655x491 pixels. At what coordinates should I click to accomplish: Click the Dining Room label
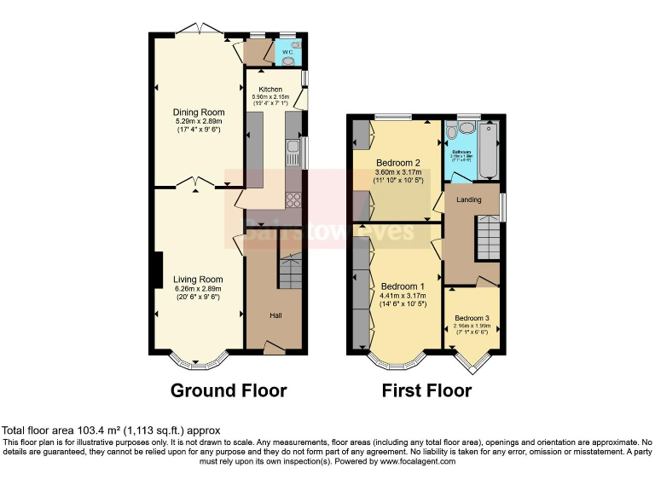tap(199, 113)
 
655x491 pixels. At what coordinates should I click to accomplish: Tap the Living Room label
tap(198, 280)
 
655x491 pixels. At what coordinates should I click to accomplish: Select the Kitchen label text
tap(270, 90)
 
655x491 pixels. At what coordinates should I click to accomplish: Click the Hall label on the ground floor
tap(275, 315)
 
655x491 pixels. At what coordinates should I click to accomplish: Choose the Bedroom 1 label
tap(403, 286)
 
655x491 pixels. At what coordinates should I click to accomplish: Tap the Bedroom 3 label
tap(472, 318)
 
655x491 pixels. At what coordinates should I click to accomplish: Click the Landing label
tap(469, 200)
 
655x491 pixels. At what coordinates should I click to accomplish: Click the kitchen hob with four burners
tap(294, 200)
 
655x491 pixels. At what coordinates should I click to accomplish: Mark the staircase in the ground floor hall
tap(291, 274)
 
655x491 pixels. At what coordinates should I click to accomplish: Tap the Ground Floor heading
tap(229, 391)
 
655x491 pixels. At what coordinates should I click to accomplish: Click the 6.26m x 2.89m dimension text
tap(198, 289)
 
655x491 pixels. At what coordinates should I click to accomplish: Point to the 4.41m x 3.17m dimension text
tap(403, 295)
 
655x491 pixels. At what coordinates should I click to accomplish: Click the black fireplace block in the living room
tap(157, 270)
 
